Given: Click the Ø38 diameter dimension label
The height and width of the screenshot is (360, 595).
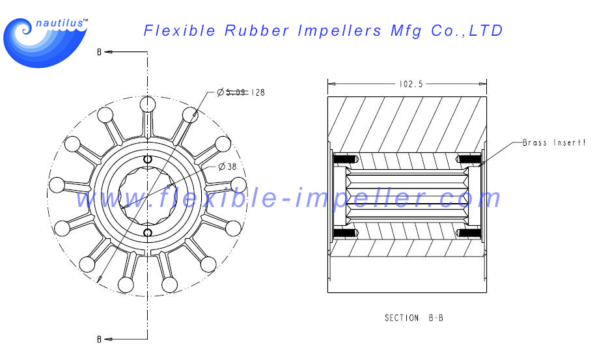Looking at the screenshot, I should [227, 167].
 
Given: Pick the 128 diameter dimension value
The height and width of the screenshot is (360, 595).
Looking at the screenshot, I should [258, 92].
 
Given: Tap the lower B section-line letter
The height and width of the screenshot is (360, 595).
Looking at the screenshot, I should [99, 339].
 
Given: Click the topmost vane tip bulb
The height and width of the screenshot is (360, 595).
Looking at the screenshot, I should [148, 104].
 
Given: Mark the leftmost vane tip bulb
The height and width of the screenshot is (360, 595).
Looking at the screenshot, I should [57, 185].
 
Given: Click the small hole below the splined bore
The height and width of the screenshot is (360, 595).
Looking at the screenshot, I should [148, 232].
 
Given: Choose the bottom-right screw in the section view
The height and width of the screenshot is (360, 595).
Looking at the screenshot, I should [470, 232].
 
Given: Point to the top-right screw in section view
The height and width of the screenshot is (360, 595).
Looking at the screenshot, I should [470, 159].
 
